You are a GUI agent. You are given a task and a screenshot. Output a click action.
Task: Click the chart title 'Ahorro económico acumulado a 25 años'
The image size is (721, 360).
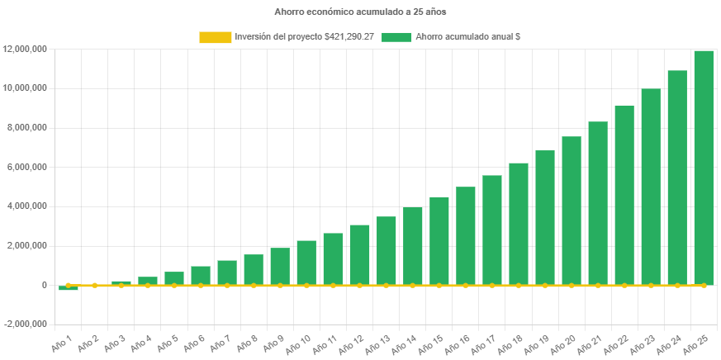click(360, 12)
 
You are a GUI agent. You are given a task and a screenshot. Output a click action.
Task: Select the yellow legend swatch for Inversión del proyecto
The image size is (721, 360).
click(215, 37)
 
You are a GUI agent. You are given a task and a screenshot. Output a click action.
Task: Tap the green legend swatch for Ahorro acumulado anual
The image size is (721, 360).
click(396, 37)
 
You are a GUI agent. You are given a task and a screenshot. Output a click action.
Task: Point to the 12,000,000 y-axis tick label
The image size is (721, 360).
click(24, 49)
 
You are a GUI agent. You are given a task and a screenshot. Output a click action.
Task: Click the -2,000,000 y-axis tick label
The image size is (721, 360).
click(24, 324)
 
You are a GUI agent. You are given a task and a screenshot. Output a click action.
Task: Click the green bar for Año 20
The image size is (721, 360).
click(572, 211)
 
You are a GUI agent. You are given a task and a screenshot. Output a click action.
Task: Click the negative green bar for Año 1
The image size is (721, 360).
click(69, 288)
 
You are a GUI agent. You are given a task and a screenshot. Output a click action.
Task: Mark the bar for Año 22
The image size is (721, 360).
click(624, 195)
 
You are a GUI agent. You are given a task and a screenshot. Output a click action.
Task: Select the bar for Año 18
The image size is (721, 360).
click(519, 224)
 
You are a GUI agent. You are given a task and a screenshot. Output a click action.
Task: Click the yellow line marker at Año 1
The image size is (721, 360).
click(69, 285)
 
